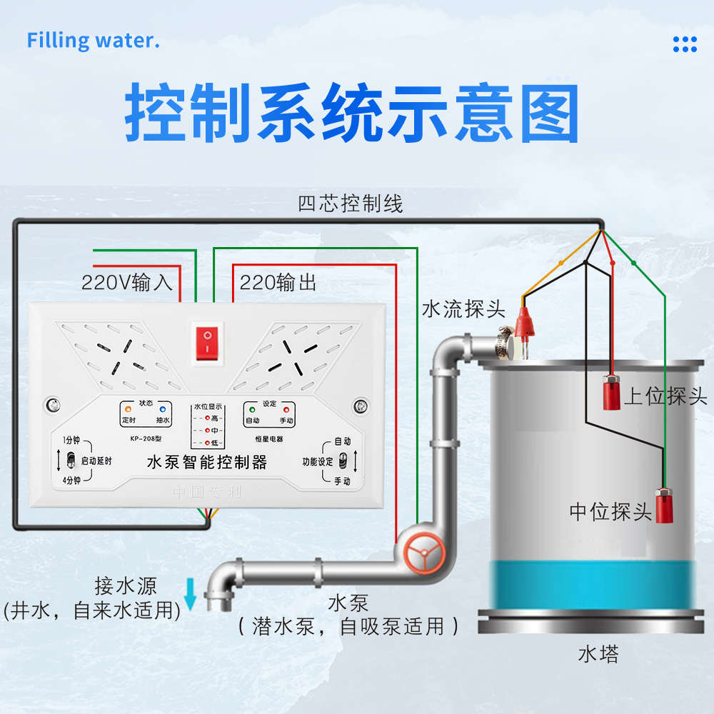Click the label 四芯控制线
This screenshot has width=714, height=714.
[x=351, y=204]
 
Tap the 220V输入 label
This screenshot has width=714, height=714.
[x=127, y=283]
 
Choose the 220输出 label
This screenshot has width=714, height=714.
[x=278, y=283]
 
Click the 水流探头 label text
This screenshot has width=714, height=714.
[x=463, y=309]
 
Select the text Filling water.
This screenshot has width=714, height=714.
[x=93, y=40]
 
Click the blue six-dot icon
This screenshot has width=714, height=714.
[x=684, y=44]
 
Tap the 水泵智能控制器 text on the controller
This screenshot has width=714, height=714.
[x=206, y=463]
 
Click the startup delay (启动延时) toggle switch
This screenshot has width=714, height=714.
[x=71, y=461]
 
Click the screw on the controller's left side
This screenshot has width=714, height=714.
[x=52, y=406]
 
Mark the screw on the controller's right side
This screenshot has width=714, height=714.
[x=361, y=406]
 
